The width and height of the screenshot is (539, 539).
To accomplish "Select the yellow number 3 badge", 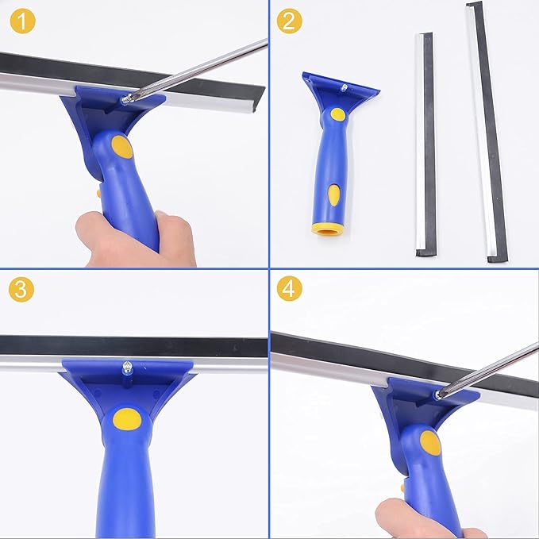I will tap(22, 288).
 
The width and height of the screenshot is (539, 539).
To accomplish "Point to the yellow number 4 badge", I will tap(290, 288).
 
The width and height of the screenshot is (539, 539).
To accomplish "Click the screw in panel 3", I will tap(126, 368).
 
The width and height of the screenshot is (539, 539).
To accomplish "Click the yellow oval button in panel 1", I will tap(121, 146).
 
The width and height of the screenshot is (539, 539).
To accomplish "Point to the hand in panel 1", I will tap(135, 238).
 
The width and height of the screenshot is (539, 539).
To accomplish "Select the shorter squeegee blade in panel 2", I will tap(425, 143).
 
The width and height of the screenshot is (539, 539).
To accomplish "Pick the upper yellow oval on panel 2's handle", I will tap(338, 114).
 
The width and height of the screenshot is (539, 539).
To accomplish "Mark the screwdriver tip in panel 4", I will tap(439, 393).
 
